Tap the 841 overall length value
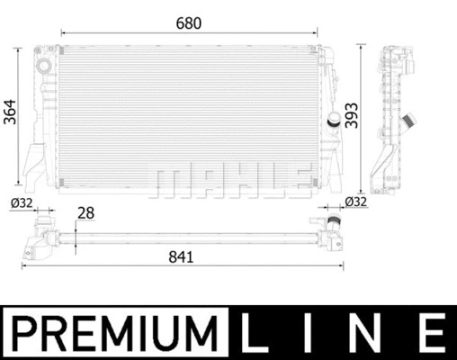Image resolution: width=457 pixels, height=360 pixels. pyautogui.click(x=181, y=256)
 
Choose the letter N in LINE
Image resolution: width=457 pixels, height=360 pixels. pyautogui.click(x=368, y=332)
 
